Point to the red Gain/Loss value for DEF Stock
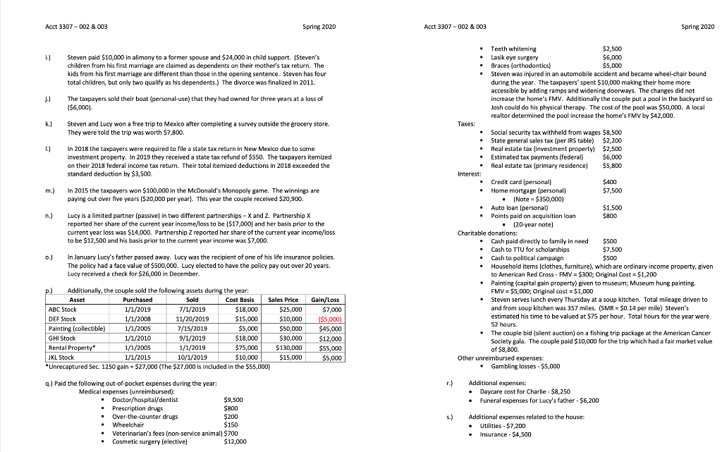pyautogui.click(x=329, y=319)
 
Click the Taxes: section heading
pyautogui.click(x=466, y=123)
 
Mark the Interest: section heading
pyautogui.click(x=469, y=173)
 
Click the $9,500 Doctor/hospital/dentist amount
pyautogui.click(x=233, y=399)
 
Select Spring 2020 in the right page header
pyautogui.click(x=698, y=26)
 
